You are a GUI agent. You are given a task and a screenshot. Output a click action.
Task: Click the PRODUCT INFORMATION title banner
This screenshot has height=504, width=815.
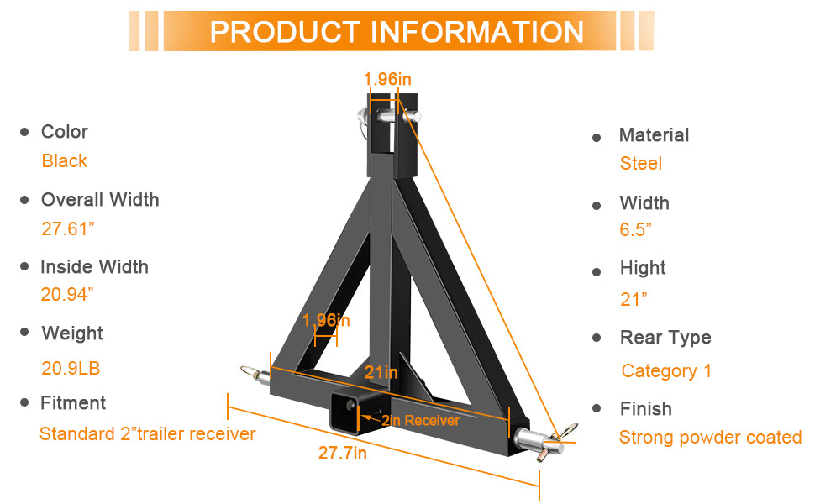pyautogui.click(x=396, y=32)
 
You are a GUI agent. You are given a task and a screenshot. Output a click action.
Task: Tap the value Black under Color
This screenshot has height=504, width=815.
pyautogui.click(x=65, y=161)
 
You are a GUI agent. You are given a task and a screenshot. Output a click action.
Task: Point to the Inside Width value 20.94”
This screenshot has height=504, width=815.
pyautogui.click(x=67, y=295)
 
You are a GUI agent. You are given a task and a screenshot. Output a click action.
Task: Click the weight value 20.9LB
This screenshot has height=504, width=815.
pyautogui.click(x=71, y=368)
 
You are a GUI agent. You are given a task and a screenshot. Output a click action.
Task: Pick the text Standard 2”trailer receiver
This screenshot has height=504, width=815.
pyautogui.click(x=147, y=434)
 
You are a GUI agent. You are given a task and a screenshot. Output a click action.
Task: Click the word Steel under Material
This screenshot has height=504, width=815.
pyautogui.click(x=641, y=164)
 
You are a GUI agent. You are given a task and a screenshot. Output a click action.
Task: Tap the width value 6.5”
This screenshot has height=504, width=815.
pyautogui.click(x=636, y=230)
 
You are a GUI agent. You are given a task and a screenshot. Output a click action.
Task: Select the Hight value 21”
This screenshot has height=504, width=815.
pyautogui.click(x=634, y=299)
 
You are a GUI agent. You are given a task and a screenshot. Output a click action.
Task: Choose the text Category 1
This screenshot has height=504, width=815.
pyautogui.click(x=666, y=371)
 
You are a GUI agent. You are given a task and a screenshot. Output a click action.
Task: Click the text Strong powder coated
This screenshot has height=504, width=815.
pyautogui.click(x=710, y=438)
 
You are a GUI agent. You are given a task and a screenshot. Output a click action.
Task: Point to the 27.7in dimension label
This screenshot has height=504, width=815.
pyautogui.click(x=342, y=454)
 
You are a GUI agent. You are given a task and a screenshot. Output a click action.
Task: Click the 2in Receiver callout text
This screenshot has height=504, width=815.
pyautogui.click(x=420, y=421)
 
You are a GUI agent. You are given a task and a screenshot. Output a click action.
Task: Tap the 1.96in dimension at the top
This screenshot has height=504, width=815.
pyautogui.click(x=387, y=79)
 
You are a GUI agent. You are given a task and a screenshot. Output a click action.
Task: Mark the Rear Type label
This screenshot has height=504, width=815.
pyautogui.click(x=665, y=338)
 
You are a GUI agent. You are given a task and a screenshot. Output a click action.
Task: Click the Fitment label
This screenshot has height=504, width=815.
pyautogui.click(x=73, y=403)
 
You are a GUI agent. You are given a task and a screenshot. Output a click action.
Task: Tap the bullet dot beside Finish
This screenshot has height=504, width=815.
pyautogui.click(x=597, y=409)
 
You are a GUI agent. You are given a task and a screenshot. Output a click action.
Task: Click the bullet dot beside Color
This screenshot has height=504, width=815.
pyautogui.click(x=24, y=132)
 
